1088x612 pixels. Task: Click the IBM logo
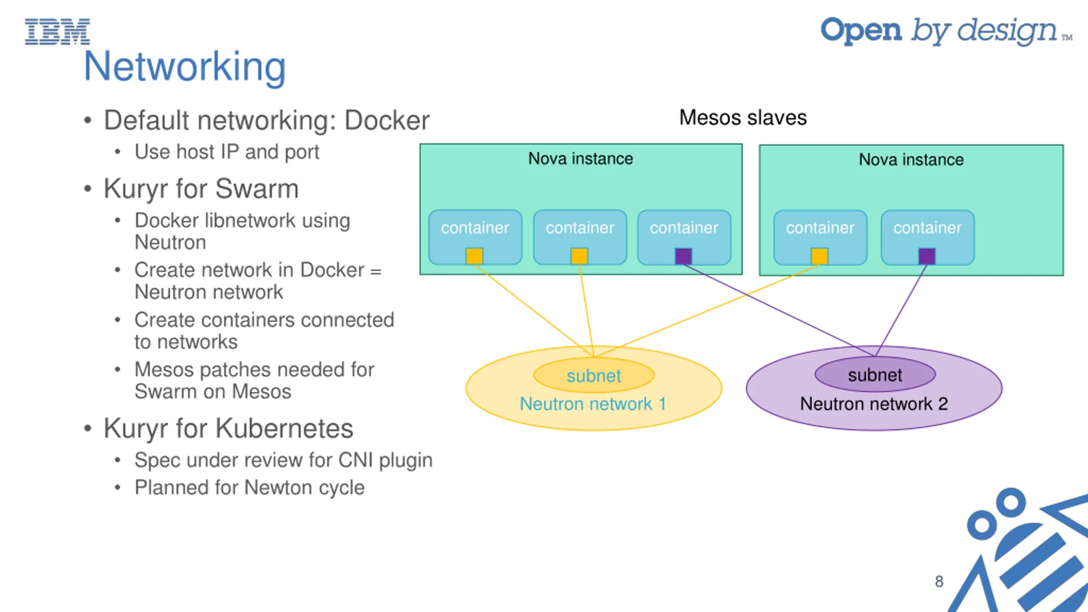(57, 31)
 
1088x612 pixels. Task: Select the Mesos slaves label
(742, 117)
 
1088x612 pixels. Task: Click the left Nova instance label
(581, 159)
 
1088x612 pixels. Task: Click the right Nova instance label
(911, 160)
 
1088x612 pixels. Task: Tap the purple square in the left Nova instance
(683, 256)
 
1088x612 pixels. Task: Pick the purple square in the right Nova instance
(927, 256)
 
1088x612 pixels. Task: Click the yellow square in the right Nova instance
(819, 256)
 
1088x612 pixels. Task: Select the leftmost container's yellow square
(474, 256)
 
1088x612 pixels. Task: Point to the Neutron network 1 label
(593, 404)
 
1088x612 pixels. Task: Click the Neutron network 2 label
(874, 404)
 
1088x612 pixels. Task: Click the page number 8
(939, 581)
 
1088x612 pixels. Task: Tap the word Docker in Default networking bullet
(387, 121)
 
